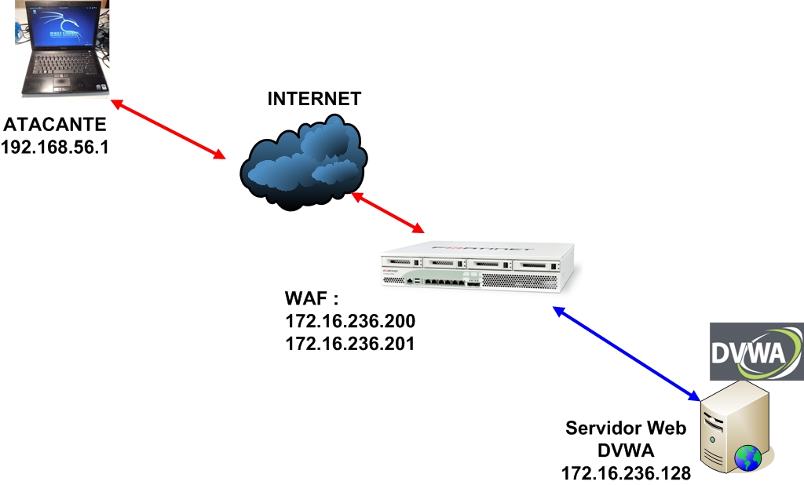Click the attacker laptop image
61,47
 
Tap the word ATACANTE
53,125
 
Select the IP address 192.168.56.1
53,146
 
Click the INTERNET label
314,99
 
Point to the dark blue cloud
302,161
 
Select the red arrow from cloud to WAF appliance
388,212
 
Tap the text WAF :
312,300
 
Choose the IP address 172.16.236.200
350,322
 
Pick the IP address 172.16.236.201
350,343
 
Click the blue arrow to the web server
626,352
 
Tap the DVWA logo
756,352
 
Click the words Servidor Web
626,428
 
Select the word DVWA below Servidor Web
626,450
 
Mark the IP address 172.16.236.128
626,472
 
